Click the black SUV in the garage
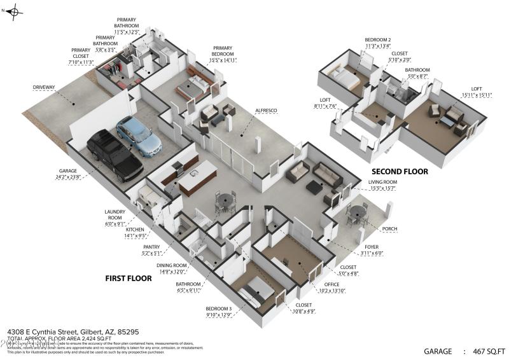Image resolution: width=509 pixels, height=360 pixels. [115, 154]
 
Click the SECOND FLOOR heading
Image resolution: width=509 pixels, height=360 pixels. [400, 172]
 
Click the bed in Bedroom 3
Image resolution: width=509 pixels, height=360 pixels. [258, 292]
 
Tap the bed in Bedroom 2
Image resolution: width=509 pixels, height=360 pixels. [344, 80]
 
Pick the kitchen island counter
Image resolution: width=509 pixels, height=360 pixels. [198, 178]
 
